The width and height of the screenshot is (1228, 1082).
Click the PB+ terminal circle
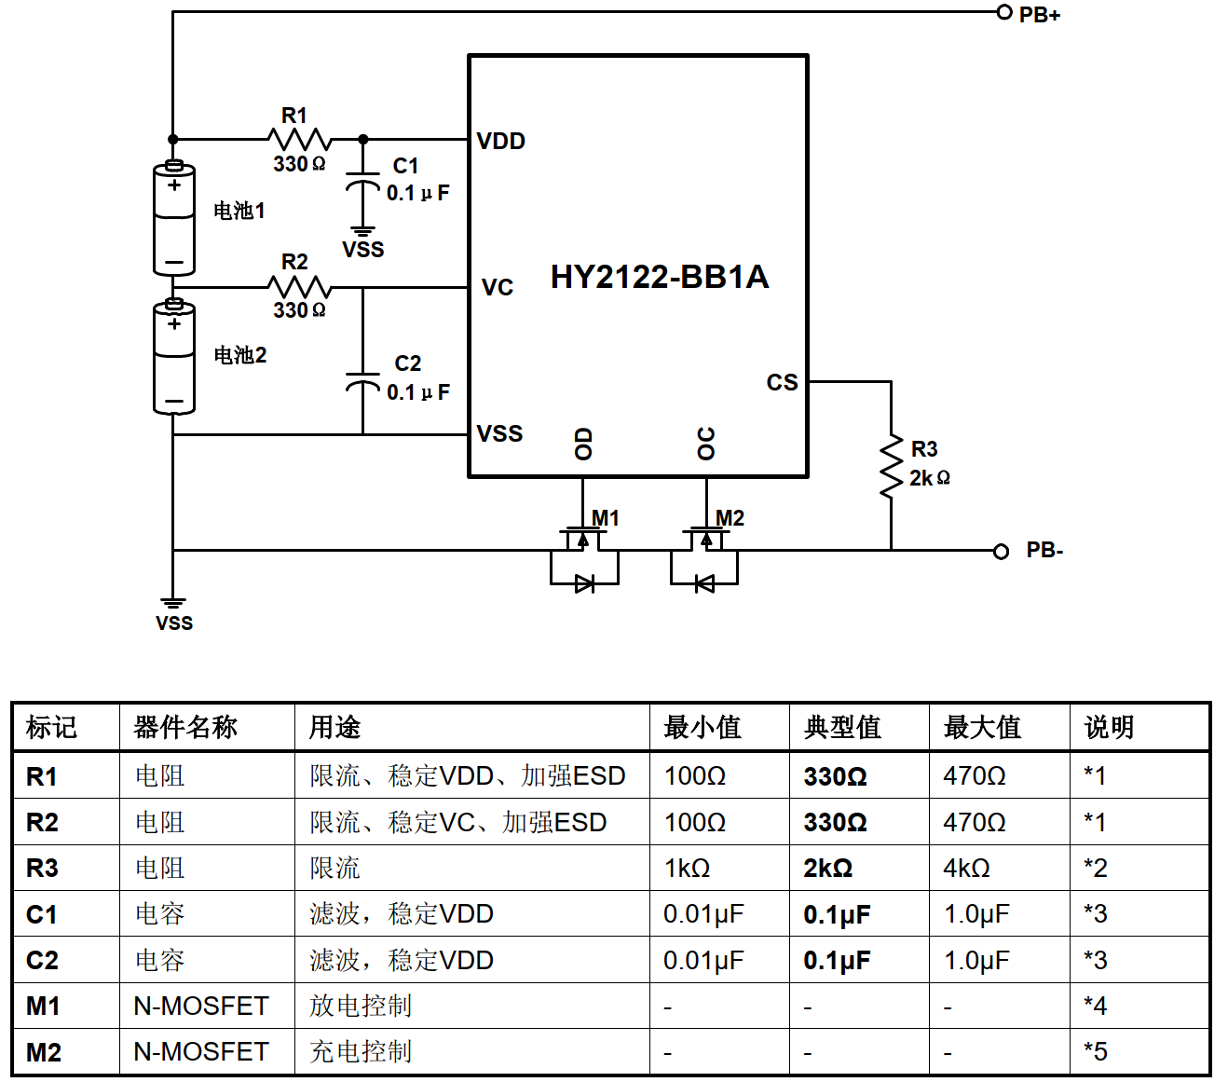coord(1003,12)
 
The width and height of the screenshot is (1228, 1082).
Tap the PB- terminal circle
coord(1001,551)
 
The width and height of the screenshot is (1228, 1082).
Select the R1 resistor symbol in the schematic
coord(299,139)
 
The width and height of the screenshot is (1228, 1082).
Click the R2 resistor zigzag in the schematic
coord(299,287)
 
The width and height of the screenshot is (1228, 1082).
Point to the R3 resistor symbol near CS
coord(891,466)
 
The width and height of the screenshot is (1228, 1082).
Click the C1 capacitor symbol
coord(362,183)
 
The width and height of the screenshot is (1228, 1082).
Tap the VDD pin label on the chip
coord(500,142)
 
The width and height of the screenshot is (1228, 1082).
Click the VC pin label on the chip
coord(497,287)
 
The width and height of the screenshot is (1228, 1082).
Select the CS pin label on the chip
coord(782,382)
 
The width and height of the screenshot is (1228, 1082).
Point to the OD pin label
coord(583,444)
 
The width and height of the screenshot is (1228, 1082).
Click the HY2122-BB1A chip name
coord(660,277)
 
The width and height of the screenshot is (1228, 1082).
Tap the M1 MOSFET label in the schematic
coord(605,518)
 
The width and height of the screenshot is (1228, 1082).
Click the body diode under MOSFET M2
coord(704,583)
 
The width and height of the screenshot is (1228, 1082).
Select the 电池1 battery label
coord(239,211)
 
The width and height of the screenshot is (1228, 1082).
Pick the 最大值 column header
coord(982,727)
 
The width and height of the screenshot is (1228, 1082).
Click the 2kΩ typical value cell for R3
coord(828,868)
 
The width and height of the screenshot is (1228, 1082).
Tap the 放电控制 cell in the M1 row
coord(361,1006)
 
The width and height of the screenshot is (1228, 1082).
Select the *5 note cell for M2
coord(1096,1051)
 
